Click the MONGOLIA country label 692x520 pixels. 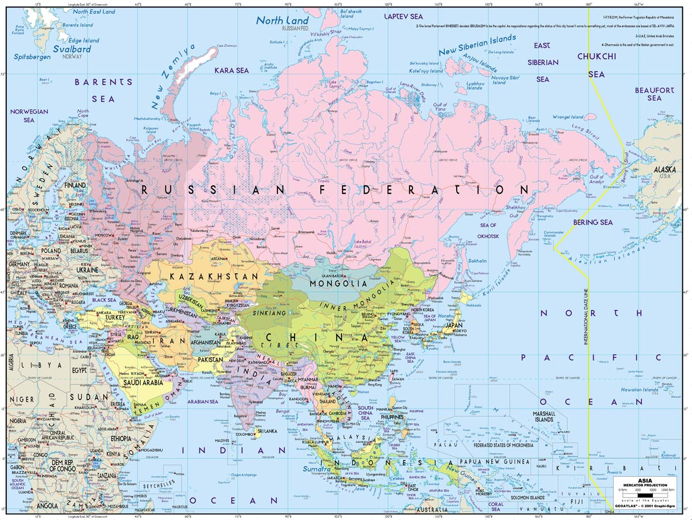(x=338, y=284)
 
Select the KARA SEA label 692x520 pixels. (x=231, y=70)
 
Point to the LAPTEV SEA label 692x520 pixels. (x=404, y=17)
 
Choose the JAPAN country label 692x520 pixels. (x=454, y=325)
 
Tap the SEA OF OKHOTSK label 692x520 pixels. (x=488, y=229)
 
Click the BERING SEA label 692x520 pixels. (x=593, y=222)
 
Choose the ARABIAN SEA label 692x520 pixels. (x=201, y=401)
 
